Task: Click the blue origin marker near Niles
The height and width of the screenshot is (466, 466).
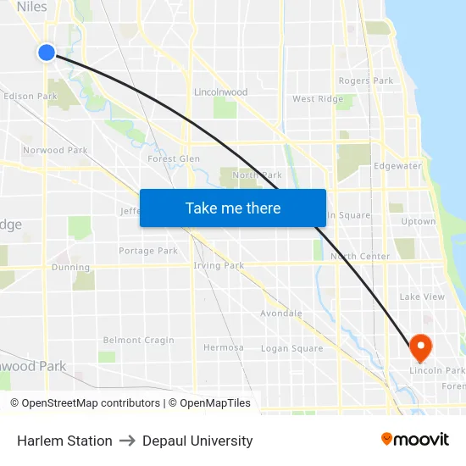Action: click(x=46, y=53)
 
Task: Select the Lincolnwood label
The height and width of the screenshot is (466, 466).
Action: click(x=220, y=92)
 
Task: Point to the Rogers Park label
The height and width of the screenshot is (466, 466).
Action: click(x=365, y=81)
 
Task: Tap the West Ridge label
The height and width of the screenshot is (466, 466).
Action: click(x=318, y=99)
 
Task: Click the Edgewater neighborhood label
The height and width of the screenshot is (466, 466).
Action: click(x=397, y=166)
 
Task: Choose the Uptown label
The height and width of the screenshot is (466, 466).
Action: click(x=418, y=222)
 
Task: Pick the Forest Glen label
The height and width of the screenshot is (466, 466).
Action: click(x=174, y=158)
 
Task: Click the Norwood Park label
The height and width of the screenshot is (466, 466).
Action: click(x=55, y=151)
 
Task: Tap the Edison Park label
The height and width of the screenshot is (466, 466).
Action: click(x=31, y=97)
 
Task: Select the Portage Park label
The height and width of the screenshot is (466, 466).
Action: click(x=148, y=251)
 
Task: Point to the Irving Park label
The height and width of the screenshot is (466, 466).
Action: click(x=219, y=266)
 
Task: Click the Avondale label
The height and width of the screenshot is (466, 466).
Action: click(x=281, y=313)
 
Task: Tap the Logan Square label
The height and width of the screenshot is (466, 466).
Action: click(x=291, y=348)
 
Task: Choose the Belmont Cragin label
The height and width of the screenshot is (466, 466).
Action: click(x=138, y=341)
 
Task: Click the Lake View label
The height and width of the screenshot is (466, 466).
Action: click(x=422, y=297)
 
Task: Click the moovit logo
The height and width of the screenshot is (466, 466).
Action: click(x=415, y=440)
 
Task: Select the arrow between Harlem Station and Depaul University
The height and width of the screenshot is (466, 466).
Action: click(x=127, y=441)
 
